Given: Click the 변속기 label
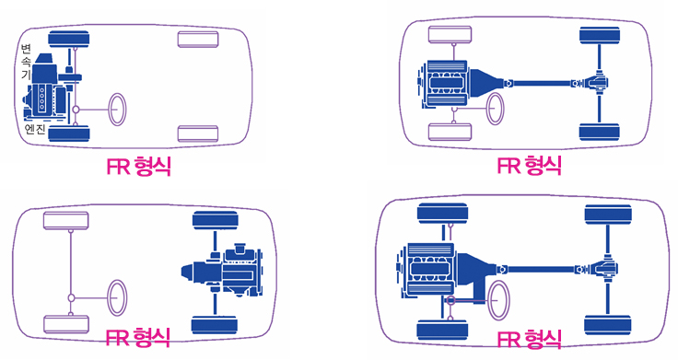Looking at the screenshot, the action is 27,62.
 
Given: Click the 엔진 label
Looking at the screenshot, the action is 35,129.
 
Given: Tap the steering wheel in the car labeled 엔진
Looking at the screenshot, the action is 117,110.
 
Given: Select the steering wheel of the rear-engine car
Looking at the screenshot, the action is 117,297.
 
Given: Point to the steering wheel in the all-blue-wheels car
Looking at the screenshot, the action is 498,299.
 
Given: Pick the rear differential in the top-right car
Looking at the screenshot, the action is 598,83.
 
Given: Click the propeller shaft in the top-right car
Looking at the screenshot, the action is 543,83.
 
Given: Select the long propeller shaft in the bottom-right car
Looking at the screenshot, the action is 541,269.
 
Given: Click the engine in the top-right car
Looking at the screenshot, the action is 446,83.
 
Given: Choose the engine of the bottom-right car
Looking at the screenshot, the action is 429,269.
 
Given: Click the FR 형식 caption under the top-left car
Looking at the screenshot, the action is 139,167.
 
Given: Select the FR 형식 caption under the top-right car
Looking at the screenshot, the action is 530,166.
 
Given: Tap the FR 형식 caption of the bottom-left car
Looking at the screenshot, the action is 138,337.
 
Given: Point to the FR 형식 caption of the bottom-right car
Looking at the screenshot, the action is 530,339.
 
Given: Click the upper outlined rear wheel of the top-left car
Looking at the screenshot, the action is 198,40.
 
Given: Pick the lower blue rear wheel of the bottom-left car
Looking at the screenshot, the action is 215,325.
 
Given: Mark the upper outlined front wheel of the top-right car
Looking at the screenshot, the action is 450,35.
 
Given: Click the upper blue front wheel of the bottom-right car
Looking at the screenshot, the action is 443,214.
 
